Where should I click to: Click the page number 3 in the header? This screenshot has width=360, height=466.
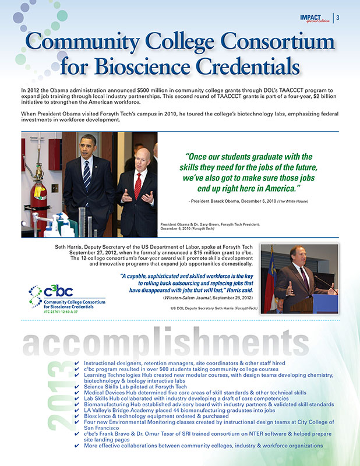pos(338,17)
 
